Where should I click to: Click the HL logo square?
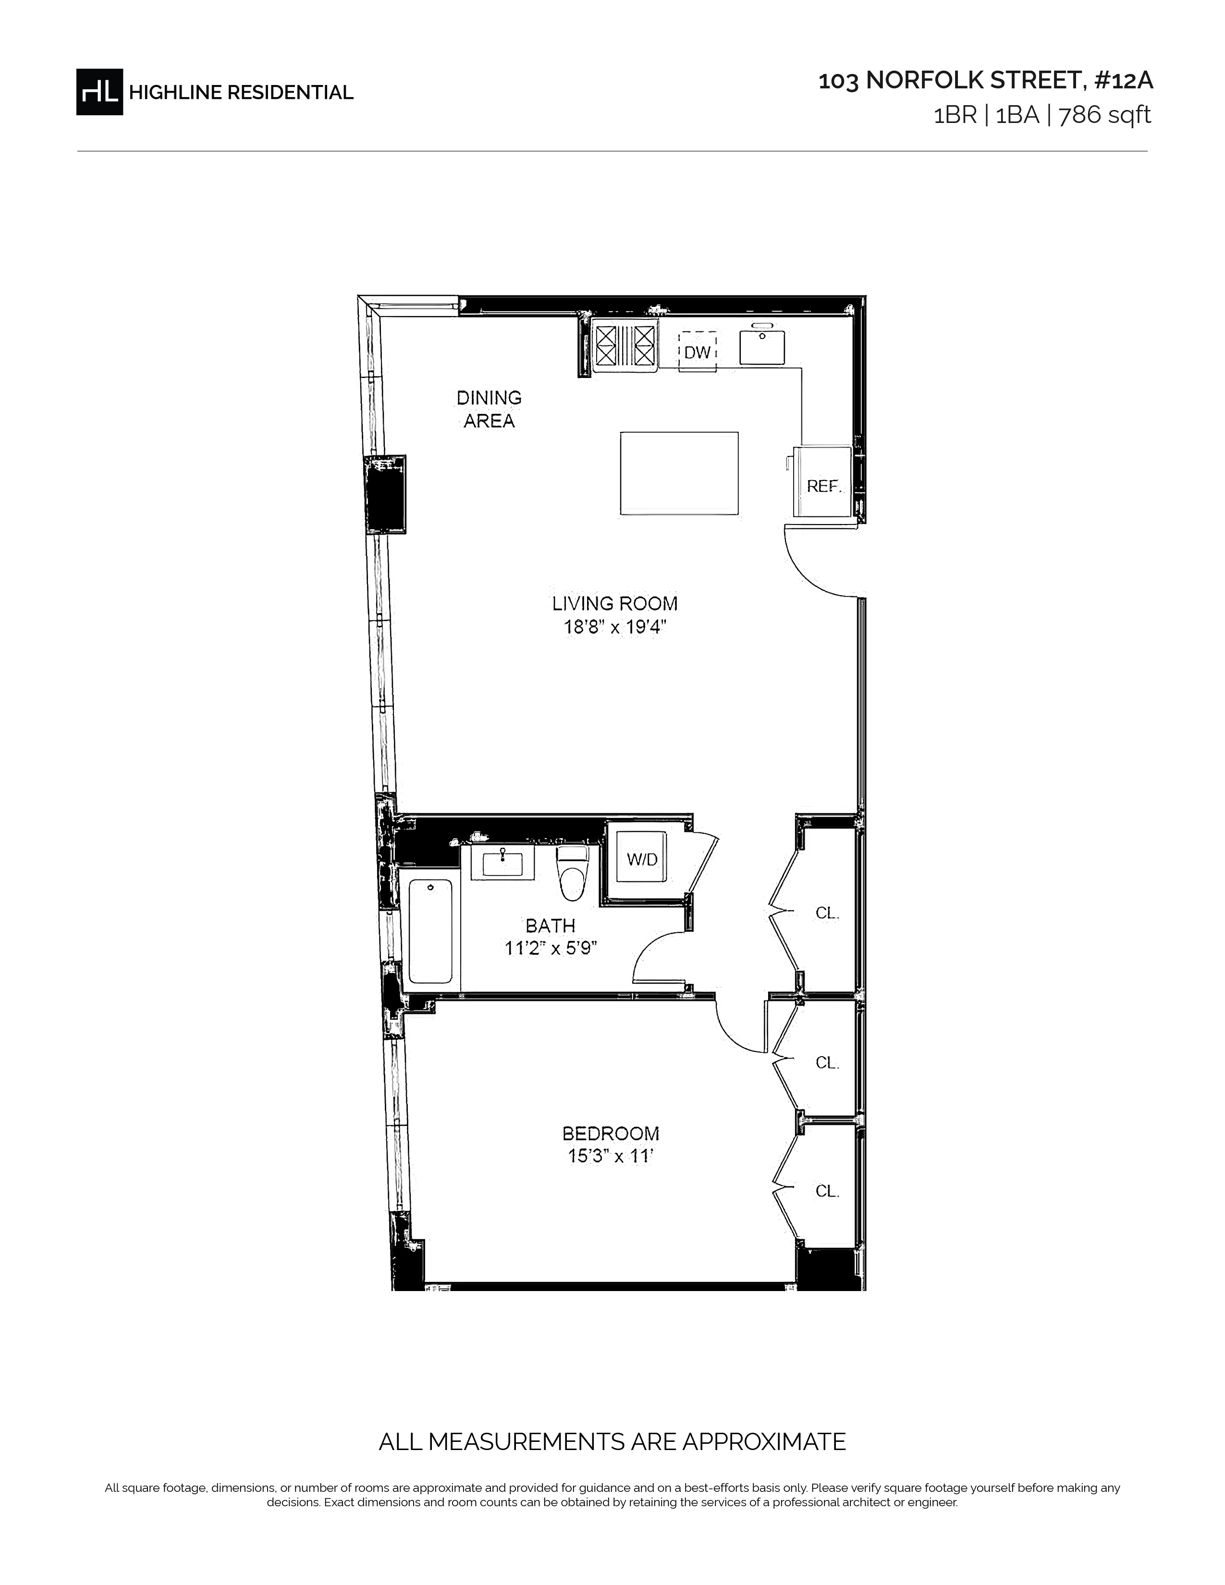99,91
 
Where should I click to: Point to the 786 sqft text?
1104,115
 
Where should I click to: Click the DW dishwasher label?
698,353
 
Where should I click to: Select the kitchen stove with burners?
625,345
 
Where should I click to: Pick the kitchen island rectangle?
679,473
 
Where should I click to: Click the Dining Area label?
489,409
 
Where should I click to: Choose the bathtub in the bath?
430,932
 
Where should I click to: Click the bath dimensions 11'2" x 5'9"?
551,948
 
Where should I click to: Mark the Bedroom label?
611,1133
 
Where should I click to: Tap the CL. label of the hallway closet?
827,913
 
